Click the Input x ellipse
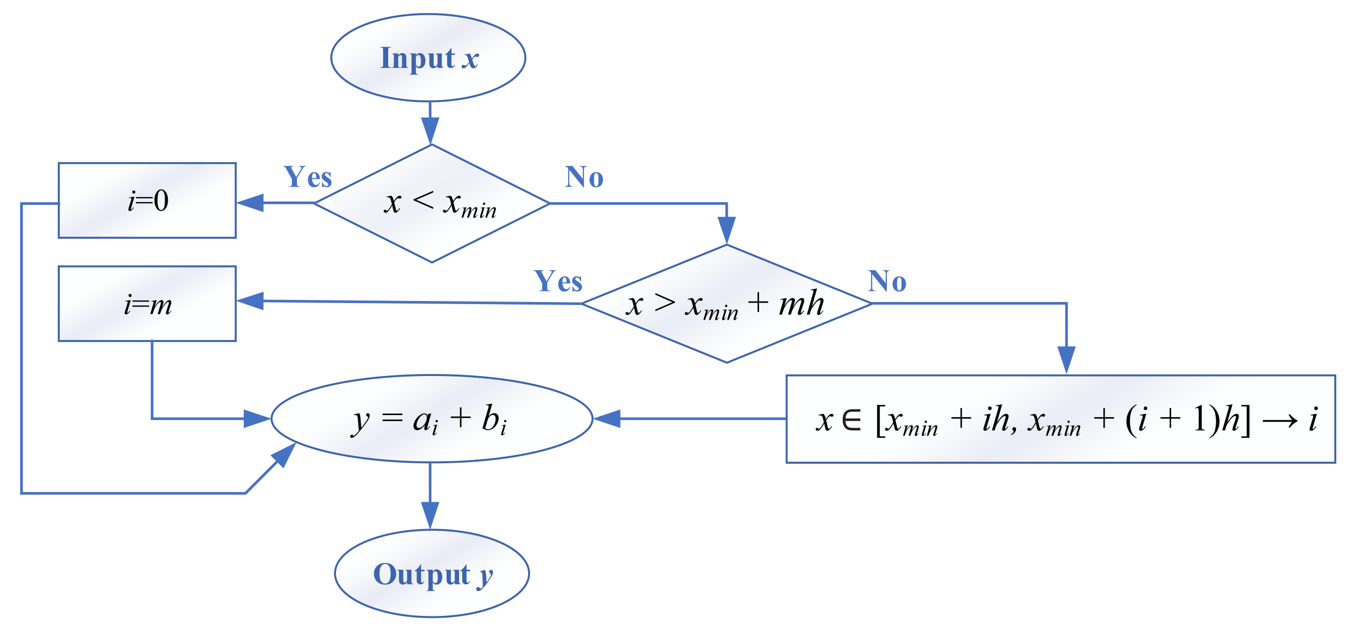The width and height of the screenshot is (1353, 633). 428,58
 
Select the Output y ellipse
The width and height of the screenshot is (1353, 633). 432,574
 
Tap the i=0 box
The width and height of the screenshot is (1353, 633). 147,201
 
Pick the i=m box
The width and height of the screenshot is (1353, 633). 147,304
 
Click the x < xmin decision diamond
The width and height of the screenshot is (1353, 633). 432,203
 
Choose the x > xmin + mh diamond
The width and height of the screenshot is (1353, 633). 726,304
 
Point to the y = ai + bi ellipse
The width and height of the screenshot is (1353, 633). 432,419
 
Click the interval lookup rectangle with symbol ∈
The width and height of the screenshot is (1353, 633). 1061,419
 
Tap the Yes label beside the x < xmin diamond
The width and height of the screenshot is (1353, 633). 308,177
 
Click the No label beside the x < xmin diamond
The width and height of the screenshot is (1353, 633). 584,176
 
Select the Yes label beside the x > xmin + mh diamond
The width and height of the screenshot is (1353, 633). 558,281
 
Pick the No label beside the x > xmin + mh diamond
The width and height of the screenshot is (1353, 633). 887,281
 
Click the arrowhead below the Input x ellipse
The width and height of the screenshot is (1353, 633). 430,130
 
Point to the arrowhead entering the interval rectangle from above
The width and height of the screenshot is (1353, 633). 1066,360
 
